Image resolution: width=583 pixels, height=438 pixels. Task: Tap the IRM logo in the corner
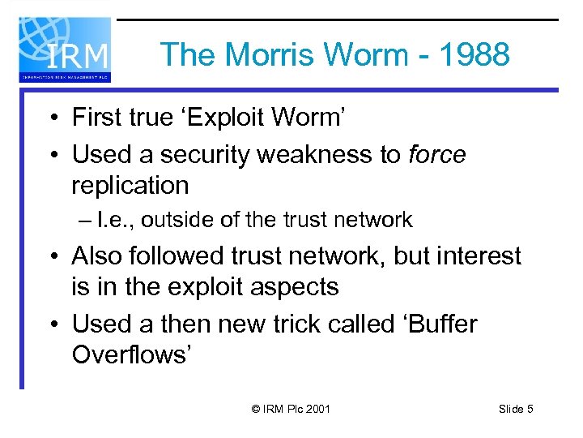(65, 49)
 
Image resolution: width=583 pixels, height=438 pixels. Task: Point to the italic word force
(437, 154)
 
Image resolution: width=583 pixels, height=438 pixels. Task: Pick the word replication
(130, 185)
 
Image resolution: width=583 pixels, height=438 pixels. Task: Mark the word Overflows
(130, 354)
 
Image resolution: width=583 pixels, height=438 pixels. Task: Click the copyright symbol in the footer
(257, 410)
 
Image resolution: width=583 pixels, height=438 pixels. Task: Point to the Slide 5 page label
(516, 410)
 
